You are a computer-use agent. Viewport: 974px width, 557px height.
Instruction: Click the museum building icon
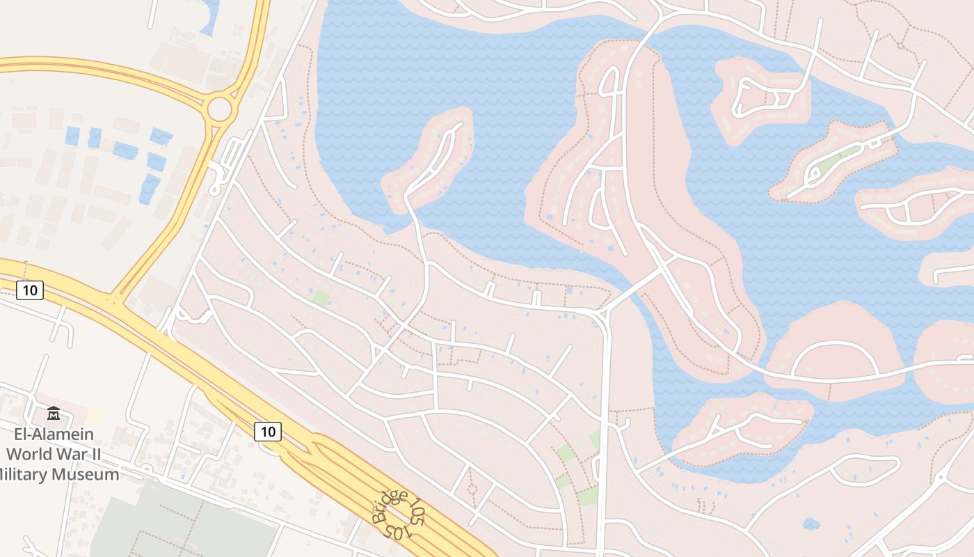pyautogui.click(x=54, y=414)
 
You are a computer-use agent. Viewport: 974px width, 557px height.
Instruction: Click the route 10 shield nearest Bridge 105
pyautogui.click(x=268, y=432)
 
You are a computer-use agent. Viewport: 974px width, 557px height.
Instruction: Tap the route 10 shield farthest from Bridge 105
pyautogui.click(x=29, y=290)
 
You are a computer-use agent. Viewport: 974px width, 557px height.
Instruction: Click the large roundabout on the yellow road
pyautogui.click(x=219, y=109)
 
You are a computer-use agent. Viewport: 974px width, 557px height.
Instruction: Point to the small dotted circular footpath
pyautogui.click(x=472, y=489)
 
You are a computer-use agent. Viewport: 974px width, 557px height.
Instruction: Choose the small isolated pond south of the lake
pyautogui.click(x=811, y=523)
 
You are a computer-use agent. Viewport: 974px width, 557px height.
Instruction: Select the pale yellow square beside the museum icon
pyautogui.click(x=95, y=415)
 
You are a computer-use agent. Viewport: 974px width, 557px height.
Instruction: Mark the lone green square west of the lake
pyautogui.click(x=321, y=299)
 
